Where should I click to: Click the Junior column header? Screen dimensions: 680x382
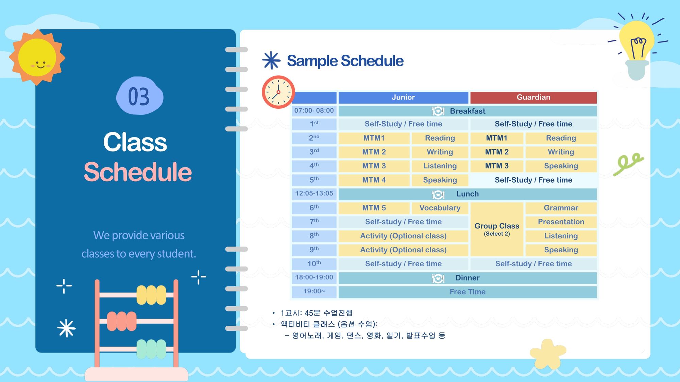click(403, 97)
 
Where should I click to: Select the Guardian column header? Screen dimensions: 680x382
click(533, 97)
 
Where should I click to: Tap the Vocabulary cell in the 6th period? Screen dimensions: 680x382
click(440, 208)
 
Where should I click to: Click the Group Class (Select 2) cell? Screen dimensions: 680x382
click(497, 229)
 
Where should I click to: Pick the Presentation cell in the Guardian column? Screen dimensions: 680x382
click(561, 222)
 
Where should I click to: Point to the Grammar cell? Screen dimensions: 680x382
click(561, 208)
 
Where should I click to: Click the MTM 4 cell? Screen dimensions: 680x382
click(374, 180)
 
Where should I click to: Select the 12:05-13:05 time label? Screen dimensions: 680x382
click(314, 194)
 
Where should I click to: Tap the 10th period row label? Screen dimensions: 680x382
click(314, 264)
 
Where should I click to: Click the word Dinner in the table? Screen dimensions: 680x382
click(468, 278)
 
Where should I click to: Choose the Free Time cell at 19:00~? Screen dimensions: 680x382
click(468, 292)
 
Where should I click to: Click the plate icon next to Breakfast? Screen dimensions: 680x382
click(438, 111)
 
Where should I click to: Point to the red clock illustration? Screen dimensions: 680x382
click(278, 92)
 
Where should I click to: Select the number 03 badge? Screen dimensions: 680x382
click(140, 96)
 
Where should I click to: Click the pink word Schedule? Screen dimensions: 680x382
click(138, 172)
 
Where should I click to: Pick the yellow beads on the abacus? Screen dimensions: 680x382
click(151, 295)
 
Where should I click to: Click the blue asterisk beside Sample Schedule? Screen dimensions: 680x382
click(271, 60)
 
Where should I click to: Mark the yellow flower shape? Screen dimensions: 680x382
click(548, 354)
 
